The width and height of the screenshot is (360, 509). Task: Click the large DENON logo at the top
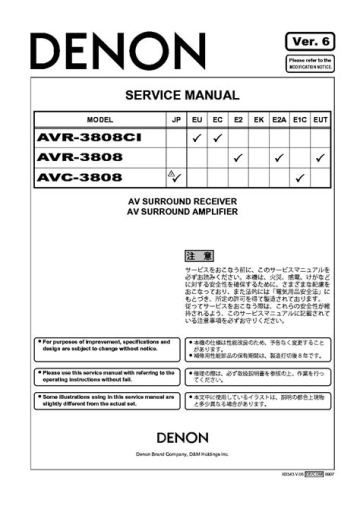[x=117, y=51]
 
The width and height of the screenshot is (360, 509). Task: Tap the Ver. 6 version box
[x=310, y=41]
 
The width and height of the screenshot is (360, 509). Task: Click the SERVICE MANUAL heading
[x=182, y=95]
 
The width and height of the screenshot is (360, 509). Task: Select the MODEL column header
[x=100, y=120]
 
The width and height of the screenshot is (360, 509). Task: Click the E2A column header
[x=279, y=120]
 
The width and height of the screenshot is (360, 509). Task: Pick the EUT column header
[x=320, y=120]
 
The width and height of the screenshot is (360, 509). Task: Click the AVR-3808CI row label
[x=88, y=137]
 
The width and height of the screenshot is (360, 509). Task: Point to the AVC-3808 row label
[x=79, y=177]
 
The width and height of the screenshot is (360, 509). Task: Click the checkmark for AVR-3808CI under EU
[x=196, y=138]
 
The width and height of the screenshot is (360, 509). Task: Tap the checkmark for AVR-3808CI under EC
[x=217, y=138]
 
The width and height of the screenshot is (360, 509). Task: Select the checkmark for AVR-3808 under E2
[x=238, y=158]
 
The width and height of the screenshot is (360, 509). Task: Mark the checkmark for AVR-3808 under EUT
[x=320, y=158]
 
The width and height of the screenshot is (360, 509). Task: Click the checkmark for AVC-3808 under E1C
[x=299, y=178]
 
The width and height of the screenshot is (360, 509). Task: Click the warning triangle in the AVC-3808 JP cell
[x=171, y=174]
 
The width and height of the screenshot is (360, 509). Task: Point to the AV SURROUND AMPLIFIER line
[x=182, y=211]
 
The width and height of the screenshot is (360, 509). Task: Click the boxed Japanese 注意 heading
[x=199, y=256]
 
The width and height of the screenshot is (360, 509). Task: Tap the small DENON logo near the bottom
[x=182, y=438]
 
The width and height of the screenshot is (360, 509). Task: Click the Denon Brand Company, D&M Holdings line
[x=182, y=454]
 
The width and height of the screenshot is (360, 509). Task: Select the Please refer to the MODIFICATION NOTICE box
[x=310, y=63]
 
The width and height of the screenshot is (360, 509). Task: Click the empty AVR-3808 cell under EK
[x=258, y=158]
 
